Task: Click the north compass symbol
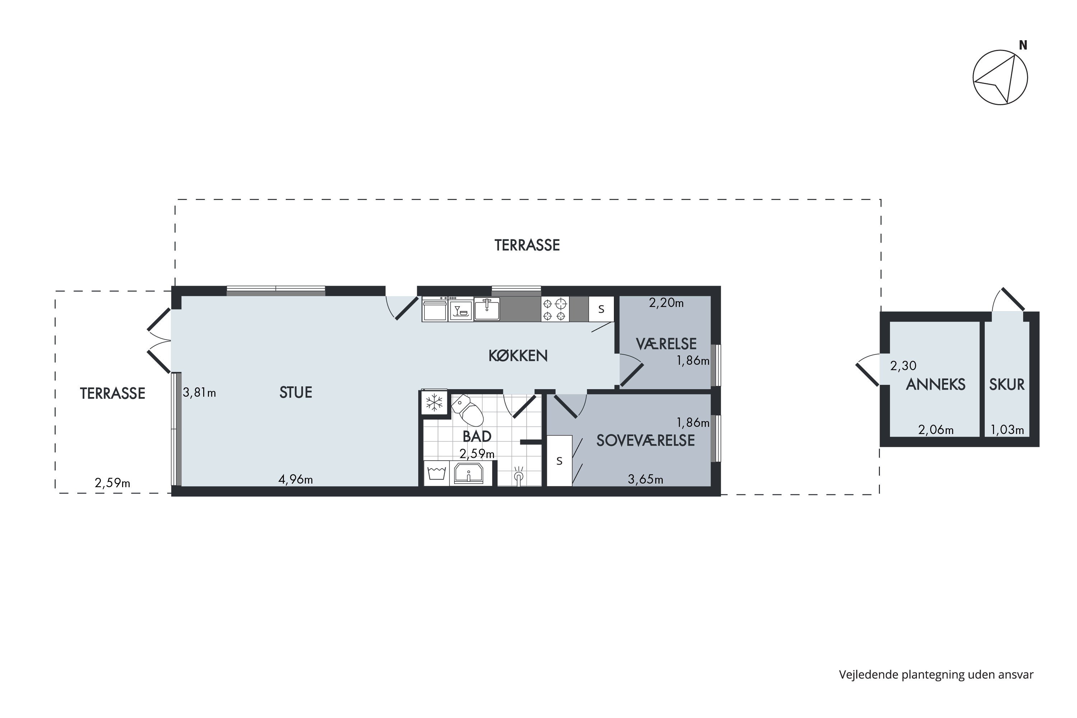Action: coord(1000,78)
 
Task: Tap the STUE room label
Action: coord(296,392)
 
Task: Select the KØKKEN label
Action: coord(518,356)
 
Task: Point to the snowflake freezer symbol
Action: coord(434,403)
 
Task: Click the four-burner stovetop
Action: coord(555,309)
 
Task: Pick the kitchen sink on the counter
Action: coord(487,309)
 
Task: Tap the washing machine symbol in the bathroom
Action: coord(437,474)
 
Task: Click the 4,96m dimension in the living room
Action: coord(296,479)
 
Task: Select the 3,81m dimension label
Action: coord(199,392)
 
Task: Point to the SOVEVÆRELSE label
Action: coord(645,440)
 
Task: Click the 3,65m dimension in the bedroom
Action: coord(645,479)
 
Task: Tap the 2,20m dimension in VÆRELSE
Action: coord(666,303)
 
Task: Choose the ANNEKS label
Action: coord(936,384)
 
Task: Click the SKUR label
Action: coord(1007,384)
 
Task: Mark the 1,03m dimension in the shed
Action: coord(1007,430)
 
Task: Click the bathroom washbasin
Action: coord(468,474)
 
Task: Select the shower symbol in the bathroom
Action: coord(519,476)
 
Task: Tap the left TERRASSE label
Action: coord(113,393)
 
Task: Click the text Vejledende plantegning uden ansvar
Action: coord(936,675)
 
